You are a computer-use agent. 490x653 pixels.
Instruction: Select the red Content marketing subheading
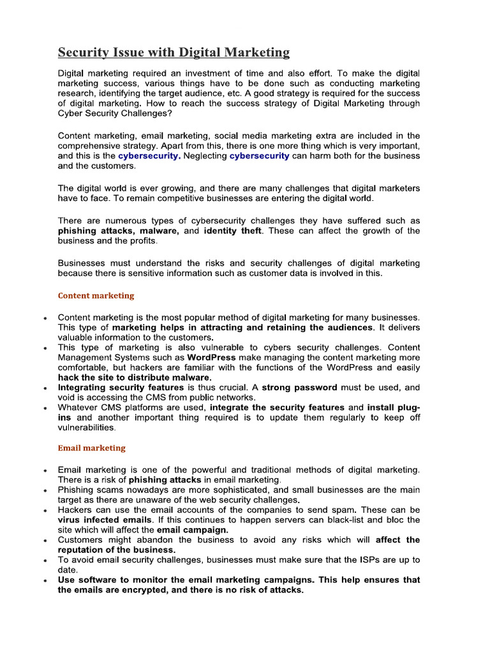96,296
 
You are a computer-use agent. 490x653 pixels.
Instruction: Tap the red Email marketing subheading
91,448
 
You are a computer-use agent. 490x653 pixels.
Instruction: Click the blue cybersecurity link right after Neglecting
259,156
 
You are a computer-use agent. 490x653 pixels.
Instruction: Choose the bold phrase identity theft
233,231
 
